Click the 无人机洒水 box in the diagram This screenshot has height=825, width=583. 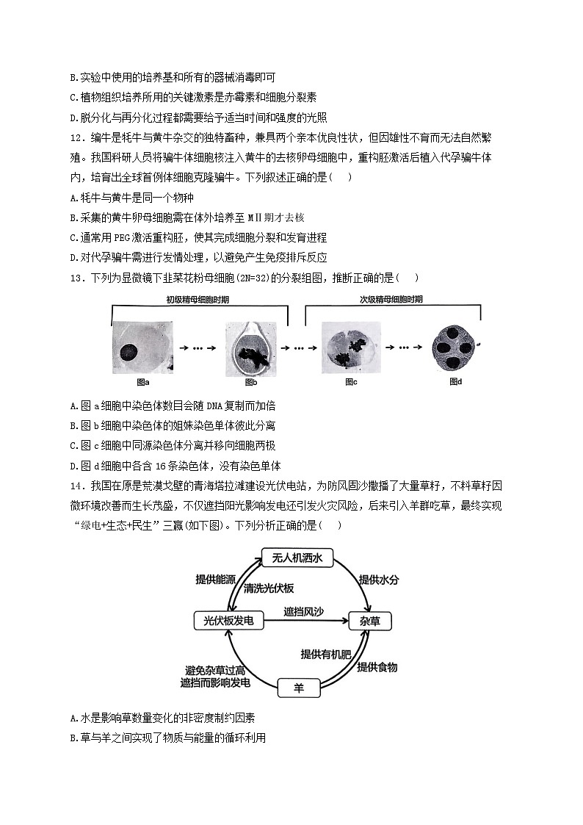click(x=297, y=558)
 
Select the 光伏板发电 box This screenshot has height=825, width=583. click(x=228, y=621)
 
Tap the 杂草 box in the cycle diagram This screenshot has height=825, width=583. click(x=370, y=622)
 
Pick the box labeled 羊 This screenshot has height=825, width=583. click(x=299, y=688)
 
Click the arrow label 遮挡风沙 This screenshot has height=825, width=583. click(x=305, y=611)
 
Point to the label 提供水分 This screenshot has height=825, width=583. click(x=379, y=580)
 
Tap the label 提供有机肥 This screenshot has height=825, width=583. click(x=326, y=654)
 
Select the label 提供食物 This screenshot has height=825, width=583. click(x=377, y=667)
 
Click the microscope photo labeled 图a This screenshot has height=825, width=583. click(x=142, y=347)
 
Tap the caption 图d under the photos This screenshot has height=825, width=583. click(x=455, y=382)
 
